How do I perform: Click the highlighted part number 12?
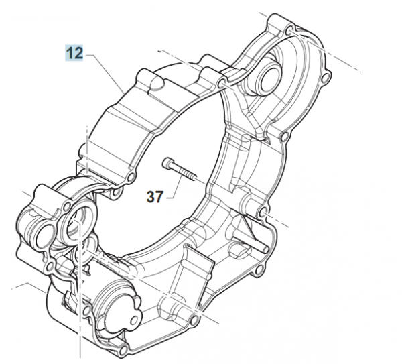click(74, 53)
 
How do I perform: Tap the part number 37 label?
click(155, 197)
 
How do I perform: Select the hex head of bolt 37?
click(167, 162)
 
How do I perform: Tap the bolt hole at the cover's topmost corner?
click(289, 31)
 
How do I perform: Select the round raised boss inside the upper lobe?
click(267, 76)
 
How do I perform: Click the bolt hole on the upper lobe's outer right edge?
click(326, 77)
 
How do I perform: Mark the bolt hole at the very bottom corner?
click(124, 349)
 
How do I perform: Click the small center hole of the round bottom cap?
click(134, 320)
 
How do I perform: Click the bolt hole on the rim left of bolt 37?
click(131, 176)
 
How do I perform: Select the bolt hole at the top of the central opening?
click(222, 83)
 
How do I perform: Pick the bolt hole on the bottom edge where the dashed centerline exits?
click(195, 319)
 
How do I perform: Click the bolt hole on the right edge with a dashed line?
click(264, 213)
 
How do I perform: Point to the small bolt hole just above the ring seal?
click(68, 206)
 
